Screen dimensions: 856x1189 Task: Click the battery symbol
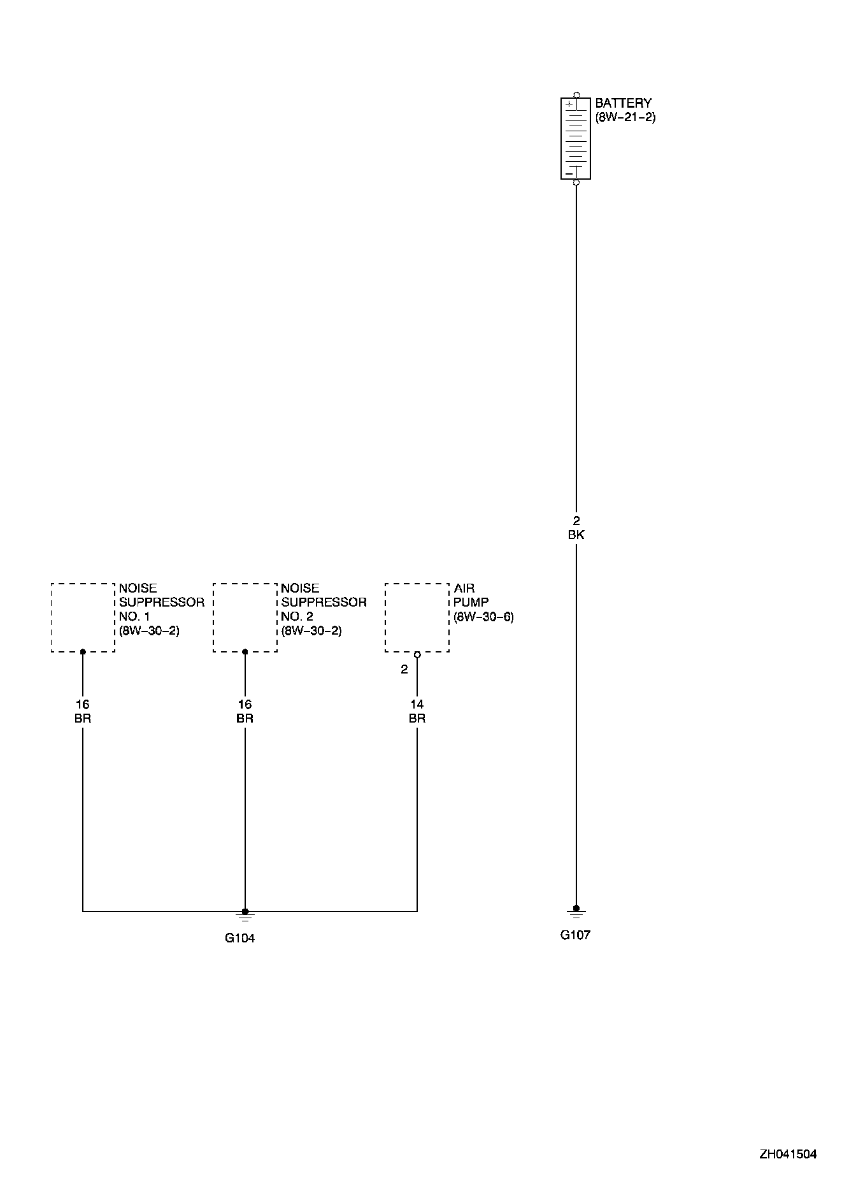pos(576,138)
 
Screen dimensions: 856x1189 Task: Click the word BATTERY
pos(623,103)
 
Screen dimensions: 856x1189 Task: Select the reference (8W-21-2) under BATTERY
pos(625,118)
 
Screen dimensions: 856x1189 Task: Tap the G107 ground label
pos(575,935)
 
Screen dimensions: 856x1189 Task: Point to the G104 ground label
pos(239,938)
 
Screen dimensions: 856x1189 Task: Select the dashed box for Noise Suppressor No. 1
pos(83,617)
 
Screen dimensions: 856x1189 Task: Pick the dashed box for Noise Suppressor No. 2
pos(245,617)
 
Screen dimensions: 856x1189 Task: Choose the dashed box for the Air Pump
pos(417,617)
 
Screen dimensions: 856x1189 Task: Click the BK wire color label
pos(576,535)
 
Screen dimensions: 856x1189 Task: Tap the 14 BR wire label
pos(417,711)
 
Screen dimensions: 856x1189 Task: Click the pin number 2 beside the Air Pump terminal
pos(404,670)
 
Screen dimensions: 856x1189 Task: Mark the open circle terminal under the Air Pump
pos(417,655)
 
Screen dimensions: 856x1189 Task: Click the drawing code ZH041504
pos(787,1154)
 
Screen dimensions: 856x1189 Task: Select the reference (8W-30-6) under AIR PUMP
pos(483,617)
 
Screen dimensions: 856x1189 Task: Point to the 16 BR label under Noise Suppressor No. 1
pos(83,711)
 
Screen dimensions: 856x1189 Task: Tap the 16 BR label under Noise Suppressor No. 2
pos(245,711)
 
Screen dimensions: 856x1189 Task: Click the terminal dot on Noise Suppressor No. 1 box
pos(83,652)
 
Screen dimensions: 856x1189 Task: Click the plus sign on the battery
pos(569,103)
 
